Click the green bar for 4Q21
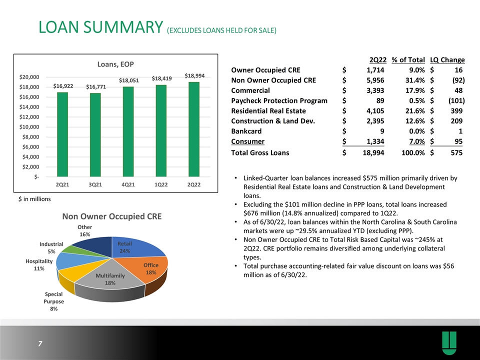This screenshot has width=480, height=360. pos(128,131)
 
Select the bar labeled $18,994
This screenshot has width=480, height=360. pos(194,129)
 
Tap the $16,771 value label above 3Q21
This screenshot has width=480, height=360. pos(96,87)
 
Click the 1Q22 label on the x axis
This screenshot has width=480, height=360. pos(161,184)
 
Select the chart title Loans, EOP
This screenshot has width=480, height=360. pos(115,64)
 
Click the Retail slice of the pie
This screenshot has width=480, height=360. pos(138,246)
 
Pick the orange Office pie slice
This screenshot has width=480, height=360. pos(147,269)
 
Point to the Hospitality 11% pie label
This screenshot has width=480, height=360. pos(39,265)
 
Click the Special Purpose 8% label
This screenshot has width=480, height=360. pos(54,301)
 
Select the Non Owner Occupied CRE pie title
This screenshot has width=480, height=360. pos(111,216)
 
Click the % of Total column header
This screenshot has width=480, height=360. pos(408,59)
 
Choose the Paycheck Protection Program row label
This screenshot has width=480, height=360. pos(279,100)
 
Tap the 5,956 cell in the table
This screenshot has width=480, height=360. pos(375,80)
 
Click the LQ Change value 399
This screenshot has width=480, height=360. pos(456,111)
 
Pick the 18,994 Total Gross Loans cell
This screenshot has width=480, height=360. pos(373,153)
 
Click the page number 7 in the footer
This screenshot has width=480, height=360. pos(40,343)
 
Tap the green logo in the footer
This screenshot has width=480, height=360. pos(449,343)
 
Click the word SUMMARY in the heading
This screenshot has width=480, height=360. pos(123,27)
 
